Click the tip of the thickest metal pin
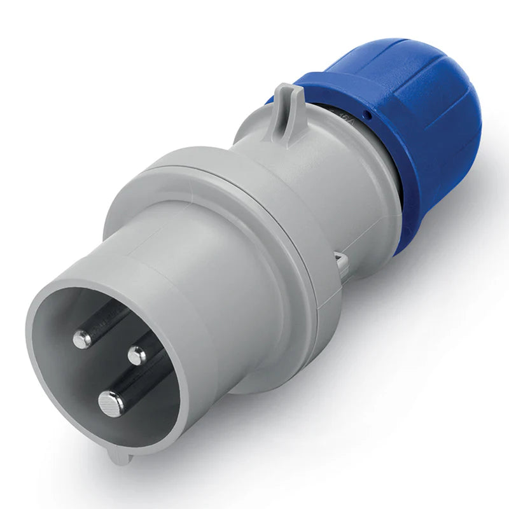[x=111, y=403]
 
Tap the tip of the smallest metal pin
[x=136, y=355]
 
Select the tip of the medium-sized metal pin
[x=83, y=339]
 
